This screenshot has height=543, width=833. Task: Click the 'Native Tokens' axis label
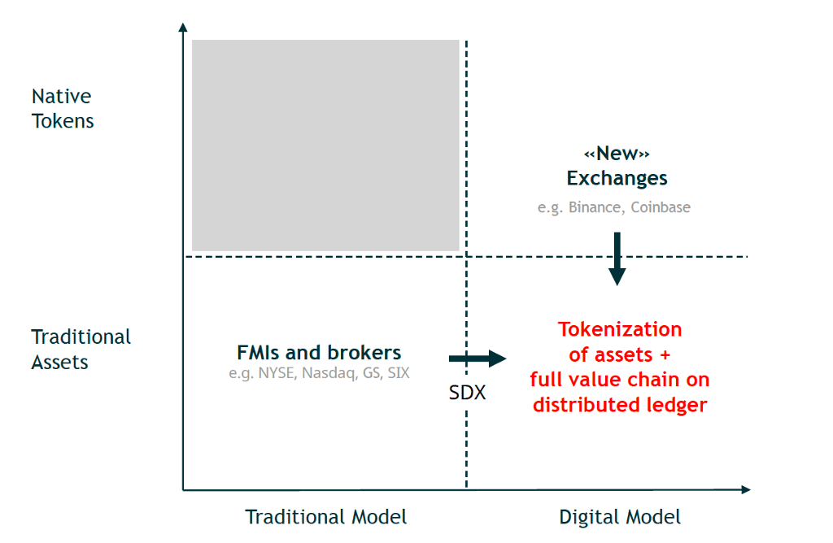[x=63, y=108]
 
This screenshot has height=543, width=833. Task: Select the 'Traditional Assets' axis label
[x=81, y=349]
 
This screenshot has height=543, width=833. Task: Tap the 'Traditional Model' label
[x=326, y=517]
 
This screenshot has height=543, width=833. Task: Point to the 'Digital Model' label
[x=620, y=517]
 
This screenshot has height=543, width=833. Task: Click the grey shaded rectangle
[x=325, y=145]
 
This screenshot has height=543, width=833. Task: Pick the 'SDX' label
[x=467, y=393]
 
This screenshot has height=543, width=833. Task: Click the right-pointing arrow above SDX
[x=478, y=358]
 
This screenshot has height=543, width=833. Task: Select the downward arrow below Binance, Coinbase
[x=617, y=258]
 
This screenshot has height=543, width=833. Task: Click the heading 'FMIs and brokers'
[x=319, y=353]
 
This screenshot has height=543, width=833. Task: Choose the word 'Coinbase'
[x=660, y=207]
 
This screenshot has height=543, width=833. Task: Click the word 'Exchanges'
[x=617, y=178]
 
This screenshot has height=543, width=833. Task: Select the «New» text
[x=617, y=154]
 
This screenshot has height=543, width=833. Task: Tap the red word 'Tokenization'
[x=620, y=329]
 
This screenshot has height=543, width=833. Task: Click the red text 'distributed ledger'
[x=620, y=404]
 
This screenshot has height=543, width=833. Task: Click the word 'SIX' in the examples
[x=399, y=374]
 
